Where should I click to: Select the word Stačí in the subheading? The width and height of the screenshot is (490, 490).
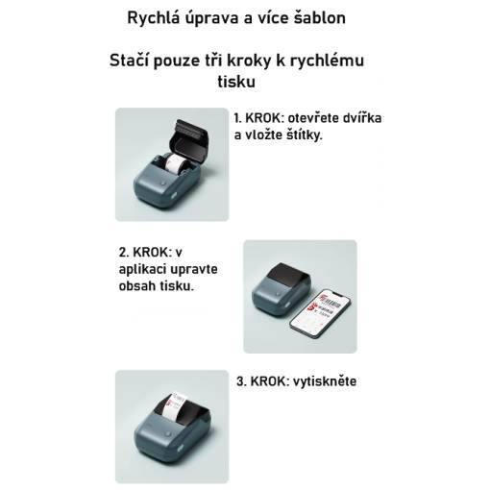[129, 61]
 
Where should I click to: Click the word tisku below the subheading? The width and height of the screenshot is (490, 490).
[236, 82]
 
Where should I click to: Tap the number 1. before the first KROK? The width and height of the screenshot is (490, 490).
[237, 118]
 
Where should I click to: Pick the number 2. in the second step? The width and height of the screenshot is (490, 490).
[124, 253]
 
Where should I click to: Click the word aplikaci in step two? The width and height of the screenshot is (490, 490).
[141, 270]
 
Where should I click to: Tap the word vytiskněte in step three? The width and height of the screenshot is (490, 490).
[325, 381]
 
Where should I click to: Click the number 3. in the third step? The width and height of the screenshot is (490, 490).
[241, 381]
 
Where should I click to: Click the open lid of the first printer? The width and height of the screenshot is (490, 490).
[189, 140]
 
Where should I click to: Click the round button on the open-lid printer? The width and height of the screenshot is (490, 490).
[164, 184]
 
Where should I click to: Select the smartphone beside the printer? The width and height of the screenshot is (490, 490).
[321, 313]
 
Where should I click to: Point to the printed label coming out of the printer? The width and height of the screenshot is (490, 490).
[175, 405]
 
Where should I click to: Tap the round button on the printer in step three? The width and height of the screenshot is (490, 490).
[167, 434]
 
